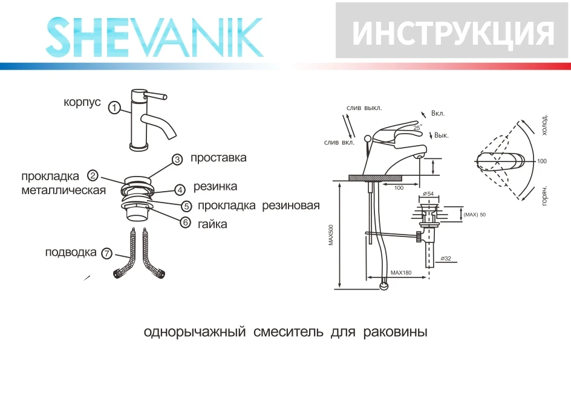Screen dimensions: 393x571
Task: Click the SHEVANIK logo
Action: [155, 37]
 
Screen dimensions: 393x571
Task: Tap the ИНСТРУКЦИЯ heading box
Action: [452, 31]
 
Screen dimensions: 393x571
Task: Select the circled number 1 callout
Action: [114, 108]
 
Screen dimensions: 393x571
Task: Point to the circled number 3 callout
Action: [177, 160]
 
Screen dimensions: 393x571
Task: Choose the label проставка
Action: [218, 158]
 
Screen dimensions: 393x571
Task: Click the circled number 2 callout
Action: [93, 176]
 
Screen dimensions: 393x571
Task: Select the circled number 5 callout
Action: [186, 206]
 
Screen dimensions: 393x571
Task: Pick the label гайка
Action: [212, 224]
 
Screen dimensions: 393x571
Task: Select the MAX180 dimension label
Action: [400, 273]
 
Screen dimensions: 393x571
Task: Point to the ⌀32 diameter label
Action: [446, 258]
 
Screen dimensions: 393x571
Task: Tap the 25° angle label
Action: [417, 128]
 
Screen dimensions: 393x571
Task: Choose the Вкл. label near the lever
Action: [438, 113]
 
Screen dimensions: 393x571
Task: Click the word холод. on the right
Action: [544, 125]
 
